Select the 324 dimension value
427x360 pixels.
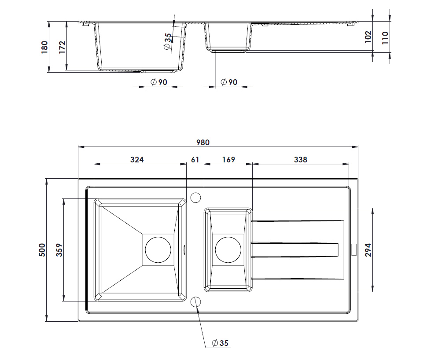tap(137, 159)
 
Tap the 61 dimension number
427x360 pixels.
tap(195, 159)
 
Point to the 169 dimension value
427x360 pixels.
tap(228, 159)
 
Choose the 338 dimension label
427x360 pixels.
tap(300, 159)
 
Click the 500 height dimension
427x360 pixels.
tap(42, 250)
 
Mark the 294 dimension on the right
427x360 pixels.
tap(369, 250)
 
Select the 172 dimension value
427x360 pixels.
tap(62, 47)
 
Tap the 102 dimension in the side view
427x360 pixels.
tap(368, 36)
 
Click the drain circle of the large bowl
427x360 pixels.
tap(158, 250)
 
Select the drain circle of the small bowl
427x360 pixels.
tap(228, 250)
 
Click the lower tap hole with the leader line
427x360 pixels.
tap(196, 302)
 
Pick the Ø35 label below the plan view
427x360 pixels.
tap(220, 343)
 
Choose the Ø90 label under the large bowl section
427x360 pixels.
tap(158, 82)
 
